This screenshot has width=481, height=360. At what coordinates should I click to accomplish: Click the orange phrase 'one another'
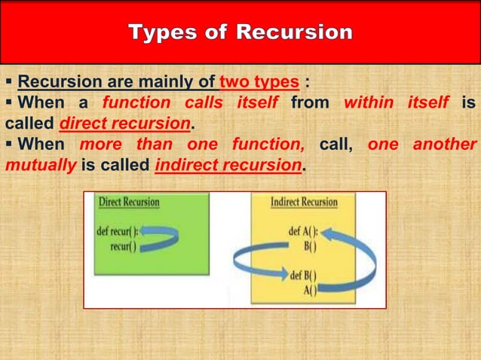pyautogui.click(x=422, y=145)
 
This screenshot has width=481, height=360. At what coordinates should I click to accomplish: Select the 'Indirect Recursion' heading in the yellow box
pyautogui.click(x=304, y=203)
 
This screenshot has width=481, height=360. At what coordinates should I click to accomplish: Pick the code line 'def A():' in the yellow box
pyautogui.click(x=304, y=231)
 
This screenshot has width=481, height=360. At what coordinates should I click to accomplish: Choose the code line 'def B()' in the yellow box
pyautogui.click(x=304, y=275)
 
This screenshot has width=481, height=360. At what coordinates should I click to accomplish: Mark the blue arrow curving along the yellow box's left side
pyautogui.click(x=253, y=261)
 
